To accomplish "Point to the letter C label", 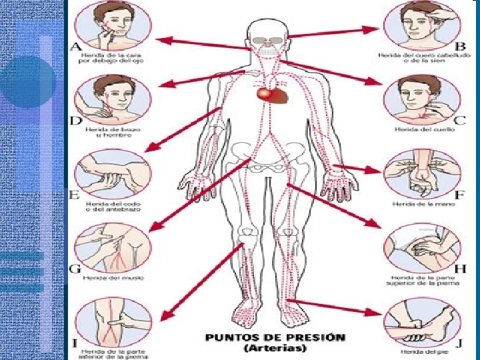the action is pyautogui.click(x=460, y=121).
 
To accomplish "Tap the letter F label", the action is pyautogui.click(x=459, y=195).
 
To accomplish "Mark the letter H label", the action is pyautogui.click(x=459, y=269).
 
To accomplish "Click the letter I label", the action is pyautogui.click(x=75, y=343).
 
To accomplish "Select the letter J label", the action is pyautogui.click(x=459, y=345).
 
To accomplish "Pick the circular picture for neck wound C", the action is pyautogui.click(x=421, y=100).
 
